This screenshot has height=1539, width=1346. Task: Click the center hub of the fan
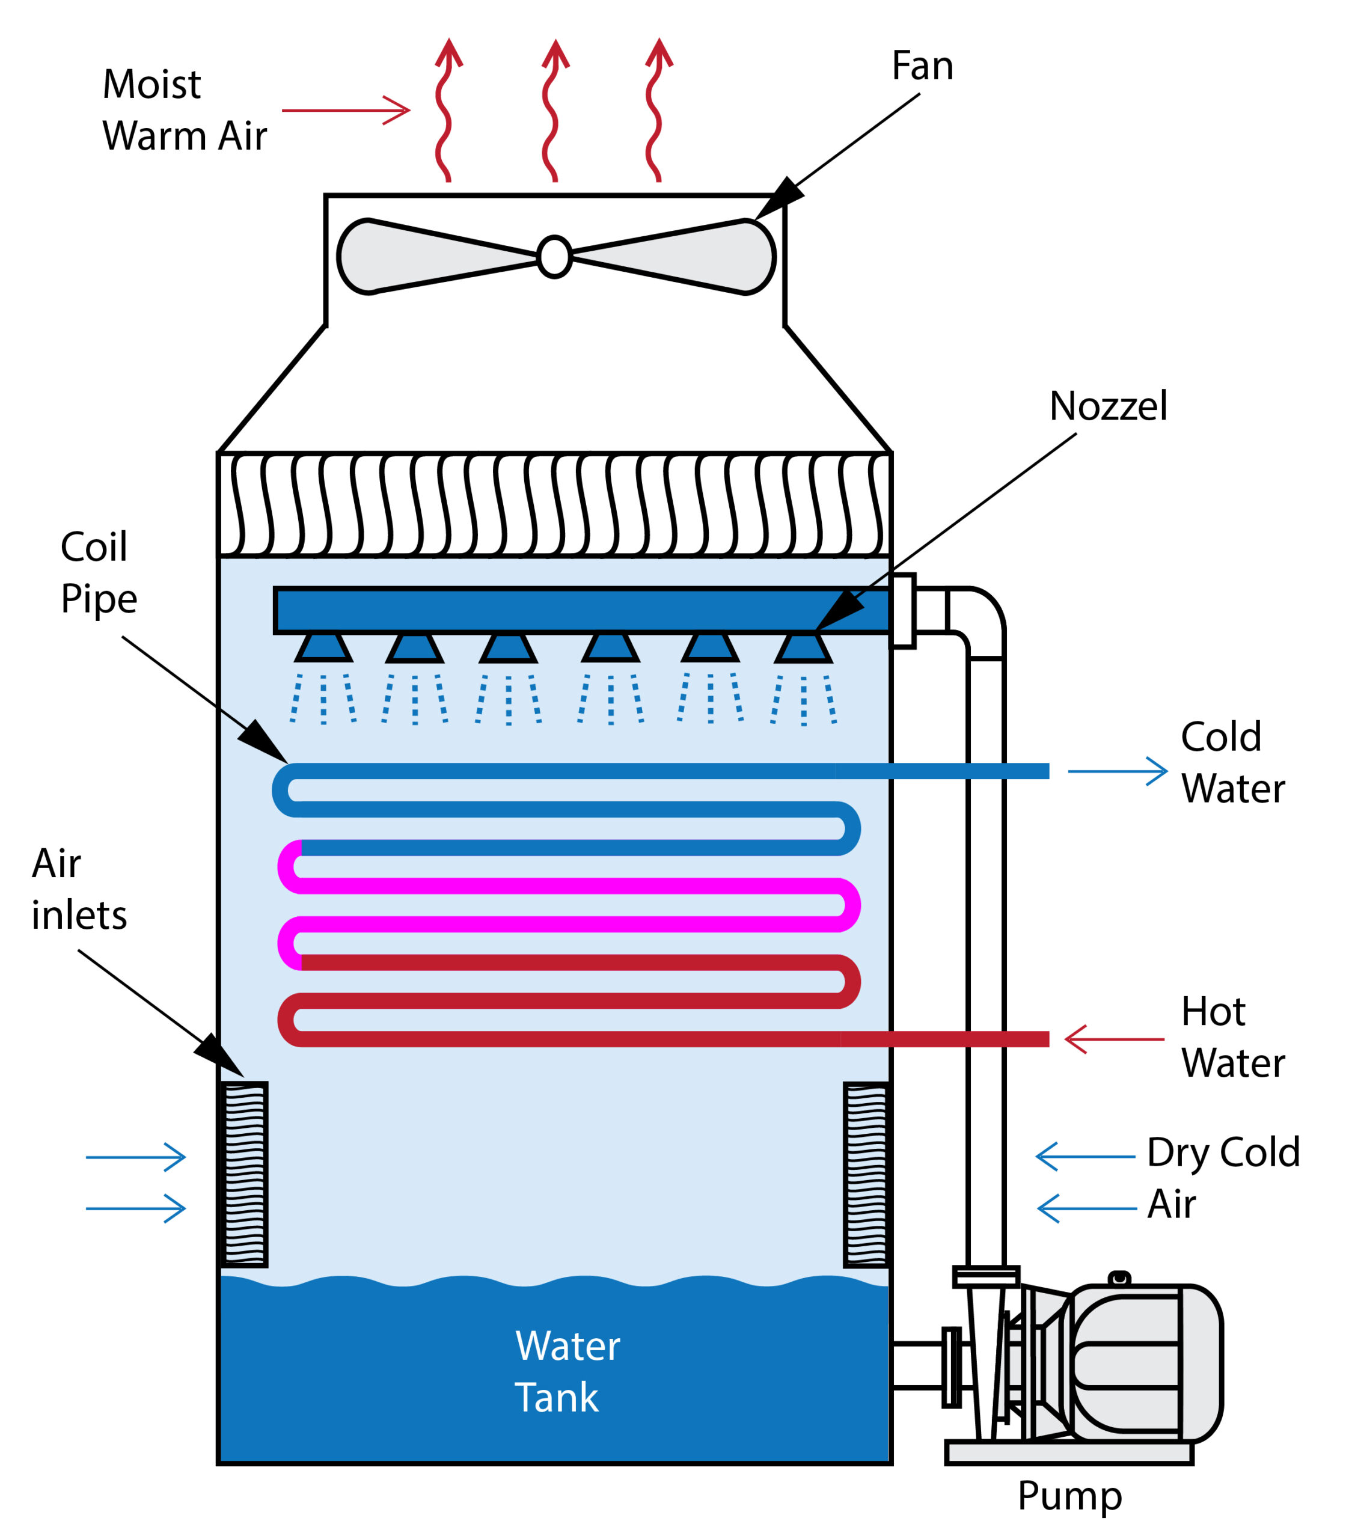click(554, 257)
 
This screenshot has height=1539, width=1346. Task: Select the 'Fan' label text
click(922, 66)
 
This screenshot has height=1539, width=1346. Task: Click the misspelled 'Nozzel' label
click(1108, 406)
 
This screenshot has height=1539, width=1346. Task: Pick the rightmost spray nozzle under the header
click(803, 647)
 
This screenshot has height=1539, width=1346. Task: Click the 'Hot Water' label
click(1232, 1036)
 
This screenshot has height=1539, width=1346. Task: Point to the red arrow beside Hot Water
click(1114, 1039)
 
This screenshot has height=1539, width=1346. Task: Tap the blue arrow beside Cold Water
click(1117, 771)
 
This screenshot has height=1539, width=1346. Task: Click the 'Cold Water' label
click(1232, 762)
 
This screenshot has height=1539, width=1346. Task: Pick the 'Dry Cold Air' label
click(1223, 1177)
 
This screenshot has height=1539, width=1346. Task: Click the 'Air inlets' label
click(79, 889)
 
